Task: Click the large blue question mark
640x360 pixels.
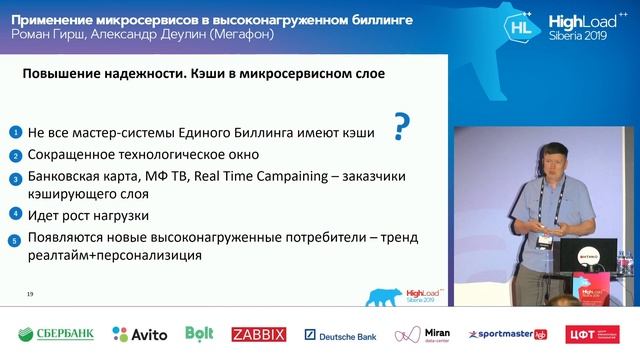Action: click(x=402, y=128)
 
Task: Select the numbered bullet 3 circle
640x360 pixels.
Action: click(x=15, y=178)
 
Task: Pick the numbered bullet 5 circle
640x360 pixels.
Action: click(x=15, y=238)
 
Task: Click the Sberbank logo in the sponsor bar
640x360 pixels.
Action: click(x=56, y=334)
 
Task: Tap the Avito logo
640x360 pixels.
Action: click(x=139, y=334)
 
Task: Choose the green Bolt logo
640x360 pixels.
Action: click(x=201, y=334)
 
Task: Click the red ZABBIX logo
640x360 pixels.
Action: click(x=259, y=334)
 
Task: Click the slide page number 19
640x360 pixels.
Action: click(x=30, y=293)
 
